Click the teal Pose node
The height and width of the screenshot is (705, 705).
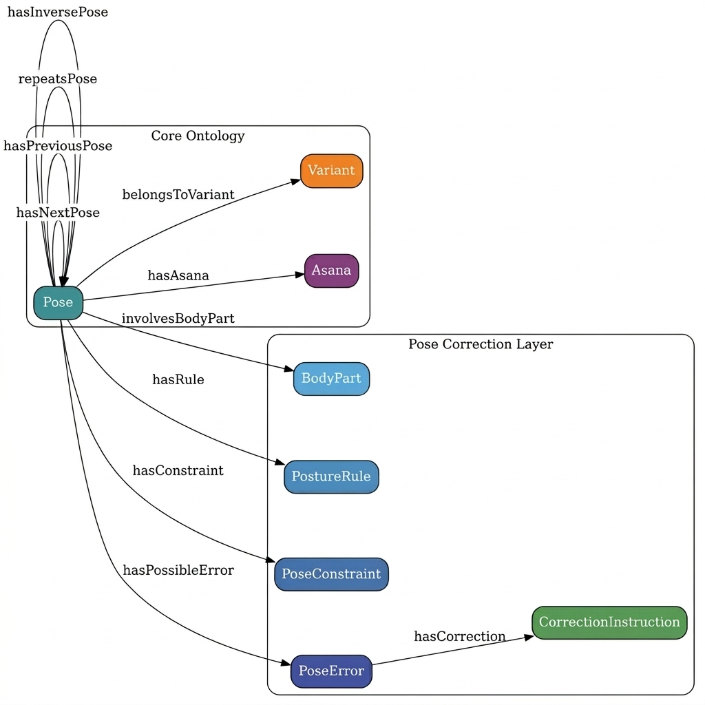(58, 302)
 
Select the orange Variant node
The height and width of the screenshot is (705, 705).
(331, 171)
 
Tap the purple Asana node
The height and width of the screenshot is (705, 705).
(331, 271)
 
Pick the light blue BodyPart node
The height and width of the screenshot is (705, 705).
(331, 379)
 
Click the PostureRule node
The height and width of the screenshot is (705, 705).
(331, 476)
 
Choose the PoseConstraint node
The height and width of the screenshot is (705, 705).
(331, 574)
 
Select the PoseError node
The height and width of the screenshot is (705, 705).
(331, 671)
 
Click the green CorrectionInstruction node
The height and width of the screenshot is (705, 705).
(609, 622)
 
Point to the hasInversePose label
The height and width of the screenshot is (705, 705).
(58, 12)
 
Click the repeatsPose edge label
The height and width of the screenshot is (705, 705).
(58, 79)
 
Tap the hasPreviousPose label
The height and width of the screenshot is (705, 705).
(58, 146)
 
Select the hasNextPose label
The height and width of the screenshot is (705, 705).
(58, 213)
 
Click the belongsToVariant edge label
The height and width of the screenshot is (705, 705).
(178, 195)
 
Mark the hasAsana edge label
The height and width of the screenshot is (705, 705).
(178, 275)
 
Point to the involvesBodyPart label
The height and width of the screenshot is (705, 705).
(178, 318)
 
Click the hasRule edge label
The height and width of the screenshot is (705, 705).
(178, 379)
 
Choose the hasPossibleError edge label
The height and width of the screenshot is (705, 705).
(178, 570)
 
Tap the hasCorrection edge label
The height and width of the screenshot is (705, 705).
(459, 636)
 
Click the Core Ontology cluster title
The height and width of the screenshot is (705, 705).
(198, 136)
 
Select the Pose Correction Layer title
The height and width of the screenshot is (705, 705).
(480, 344)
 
